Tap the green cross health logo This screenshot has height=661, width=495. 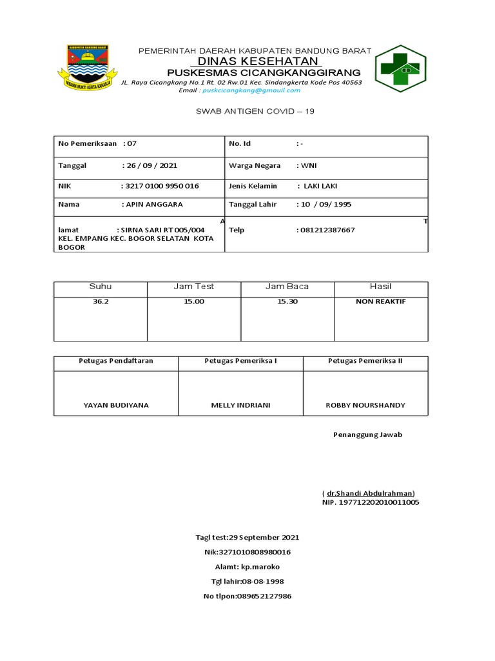click(400, 68)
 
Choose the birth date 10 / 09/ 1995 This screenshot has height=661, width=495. click(325, 204)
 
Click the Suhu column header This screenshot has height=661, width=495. click(100, 287)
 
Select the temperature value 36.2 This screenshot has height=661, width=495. click(100, 301)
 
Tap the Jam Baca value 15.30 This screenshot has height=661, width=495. click(287, 301)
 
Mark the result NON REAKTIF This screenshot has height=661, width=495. click(381, 301)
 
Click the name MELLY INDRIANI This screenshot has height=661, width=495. click(240, 405)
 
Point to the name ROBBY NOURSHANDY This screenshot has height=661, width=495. click(365, 405)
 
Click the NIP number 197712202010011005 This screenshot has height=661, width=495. click(371, 502)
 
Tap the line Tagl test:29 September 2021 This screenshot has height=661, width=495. click(247, 537)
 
